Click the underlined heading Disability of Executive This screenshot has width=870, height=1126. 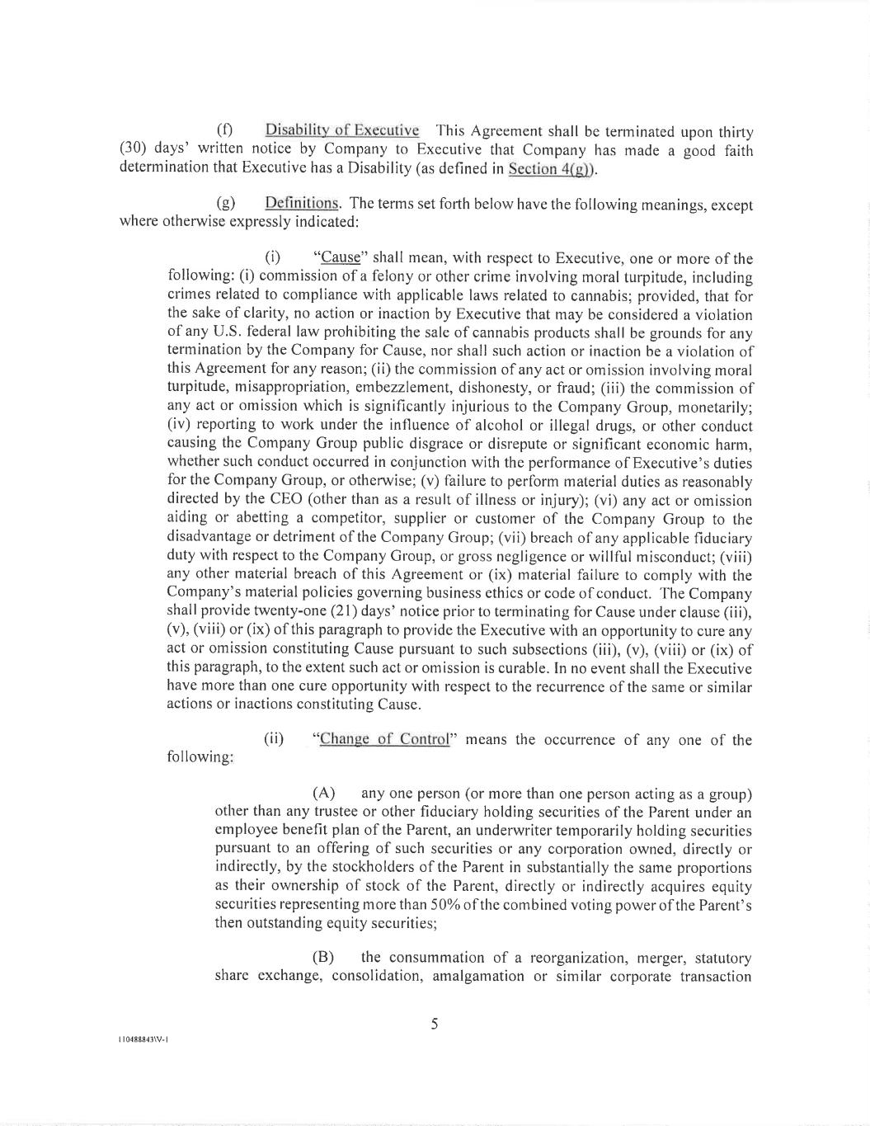[341, 130]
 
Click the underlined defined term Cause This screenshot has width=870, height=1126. [341, 258]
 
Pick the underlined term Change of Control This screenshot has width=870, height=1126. [384, 739]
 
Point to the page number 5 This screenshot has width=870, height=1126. [435, 1025]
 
